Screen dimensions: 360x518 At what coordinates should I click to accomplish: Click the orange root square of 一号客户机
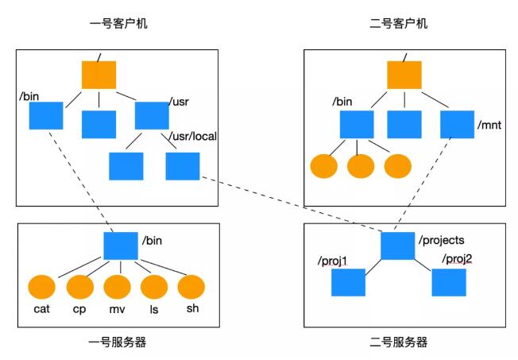99,74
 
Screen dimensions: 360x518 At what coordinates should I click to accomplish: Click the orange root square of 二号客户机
404,74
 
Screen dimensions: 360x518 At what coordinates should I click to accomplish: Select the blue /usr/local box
183,165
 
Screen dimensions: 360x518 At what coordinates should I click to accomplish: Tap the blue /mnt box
457,124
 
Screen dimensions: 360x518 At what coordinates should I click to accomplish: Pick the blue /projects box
398,245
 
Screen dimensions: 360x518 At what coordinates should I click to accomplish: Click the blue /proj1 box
348,282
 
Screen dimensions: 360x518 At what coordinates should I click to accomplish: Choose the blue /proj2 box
449,282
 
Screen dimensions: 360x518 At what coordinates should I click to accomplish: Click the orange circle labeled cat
41,287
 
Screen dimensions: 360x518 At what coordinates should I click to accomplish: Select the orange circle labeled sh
192,287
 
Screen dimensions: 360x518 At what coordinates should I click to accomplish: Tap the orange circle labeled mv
117,287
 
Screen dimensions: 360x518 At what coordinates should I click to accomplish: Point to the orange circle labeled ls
155,287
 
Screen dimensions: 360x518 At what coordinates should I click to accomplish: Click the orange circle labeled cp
79,287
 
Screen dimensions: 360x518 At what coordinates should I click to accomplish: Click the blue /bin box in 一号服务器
121,245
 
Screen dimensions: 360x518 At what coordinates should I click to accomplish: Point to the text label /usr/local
194,136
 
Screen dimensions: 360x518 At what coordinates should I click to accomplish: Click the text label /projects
441,239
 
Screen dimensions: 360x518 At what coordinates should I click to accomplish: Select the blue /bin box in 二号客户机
357,124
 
